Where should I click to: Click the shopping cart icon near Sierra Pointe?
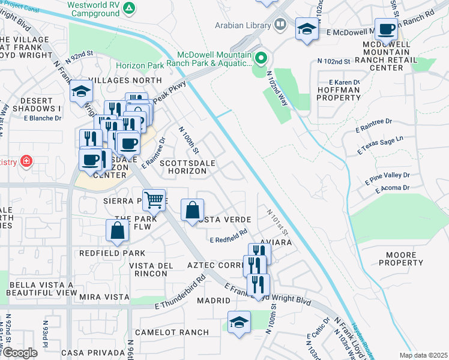[x=154, y=200]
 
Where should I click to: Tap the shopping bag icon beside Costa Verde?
[x=191, y=211]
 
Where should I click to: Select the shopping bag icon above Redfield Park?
[x=118, y=230]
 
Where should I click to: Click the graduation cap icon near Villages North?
[x=80, y=92]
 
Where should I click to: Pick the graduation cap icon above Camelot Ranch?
[x=239, y=322]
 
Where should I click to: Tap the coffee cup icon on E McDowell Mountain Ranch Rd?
[x=386, y=28]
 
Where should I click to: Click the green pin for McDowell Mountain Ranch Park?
[x=261, y=59]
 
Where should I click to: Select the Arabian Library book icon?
[x=279, y=25]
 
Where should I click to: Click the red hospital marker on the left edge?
[x=26, y=161]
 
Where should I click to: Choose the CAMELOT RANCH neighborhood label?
[x=172, y=332]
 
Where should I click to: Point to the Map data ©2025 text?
[x=423, y=355]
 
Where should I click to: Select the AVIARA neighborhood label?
[x=276, y=242]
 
